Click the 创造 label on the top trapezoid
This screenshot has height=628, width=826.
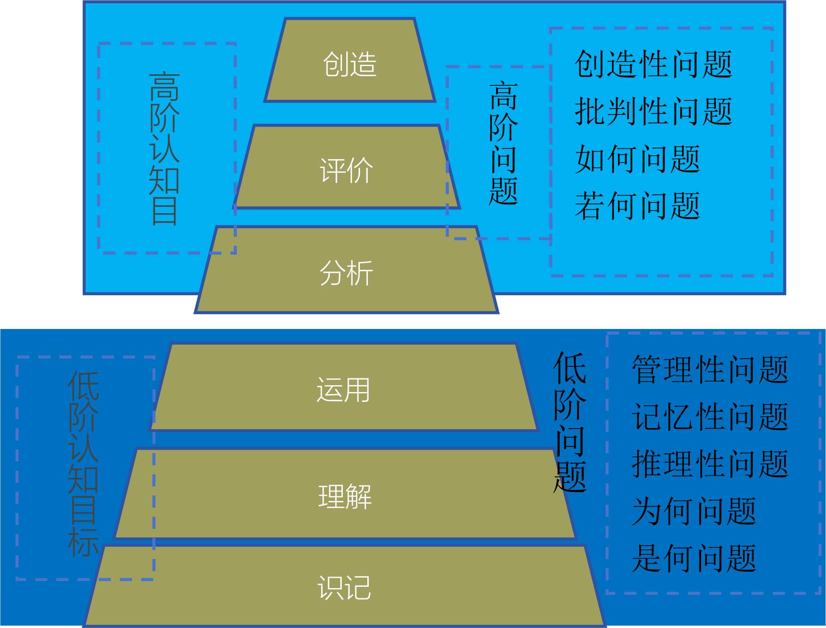(350, 64)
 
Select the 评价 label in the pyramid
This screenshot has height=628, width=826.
(346, 170)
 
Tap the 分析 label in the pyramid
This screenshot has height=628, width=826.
(346, 273)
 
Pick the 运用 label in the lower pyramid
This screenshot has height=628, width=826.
(343, 390)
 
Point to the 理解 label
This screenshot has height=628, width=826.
(345, 496)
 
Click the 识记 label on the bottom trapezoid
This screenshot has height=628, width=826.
(344, 587)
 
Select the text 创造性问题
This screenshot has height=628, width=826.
(653, 64)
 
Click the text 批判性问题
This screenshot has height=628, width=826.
(653, 112)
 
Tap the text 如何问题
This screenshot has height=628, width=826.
(637, 159)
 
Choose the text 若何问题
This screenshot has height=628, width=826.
(637, 206)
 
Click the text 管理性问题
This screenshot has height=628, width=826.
(710, 369)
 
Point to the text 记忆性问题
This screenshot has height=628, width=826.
(710, 417)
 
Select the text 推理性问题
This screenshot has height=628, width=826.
(710, 464)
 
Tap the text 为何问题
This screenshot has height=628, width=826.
(694, 511)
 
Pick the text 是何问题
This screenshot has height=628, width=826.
(694, 559)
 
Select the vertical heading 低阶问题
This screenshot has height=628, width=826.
(570, 423)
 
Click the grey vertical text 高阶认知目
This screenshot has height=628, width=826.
(164, 148)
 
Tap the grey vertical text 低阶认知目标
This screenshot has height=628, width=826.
(83, 463)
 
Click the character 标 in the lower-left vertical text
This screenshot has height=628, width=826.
(83, 542)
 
